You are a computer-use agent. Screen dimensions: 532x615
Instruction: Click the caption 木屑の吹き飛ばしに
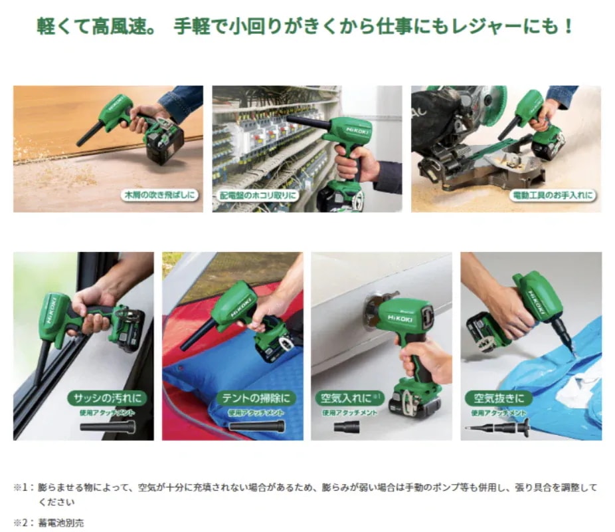coord(160,196)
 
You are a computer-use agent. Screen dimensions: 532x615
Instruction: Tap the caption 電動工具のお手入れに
coord(552,196)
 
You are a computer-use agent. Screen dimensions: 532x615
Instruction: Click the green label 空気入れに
coord(346,398)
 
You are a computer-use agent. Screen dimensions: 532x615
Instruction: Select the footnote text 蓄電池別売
coord(62,522)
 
